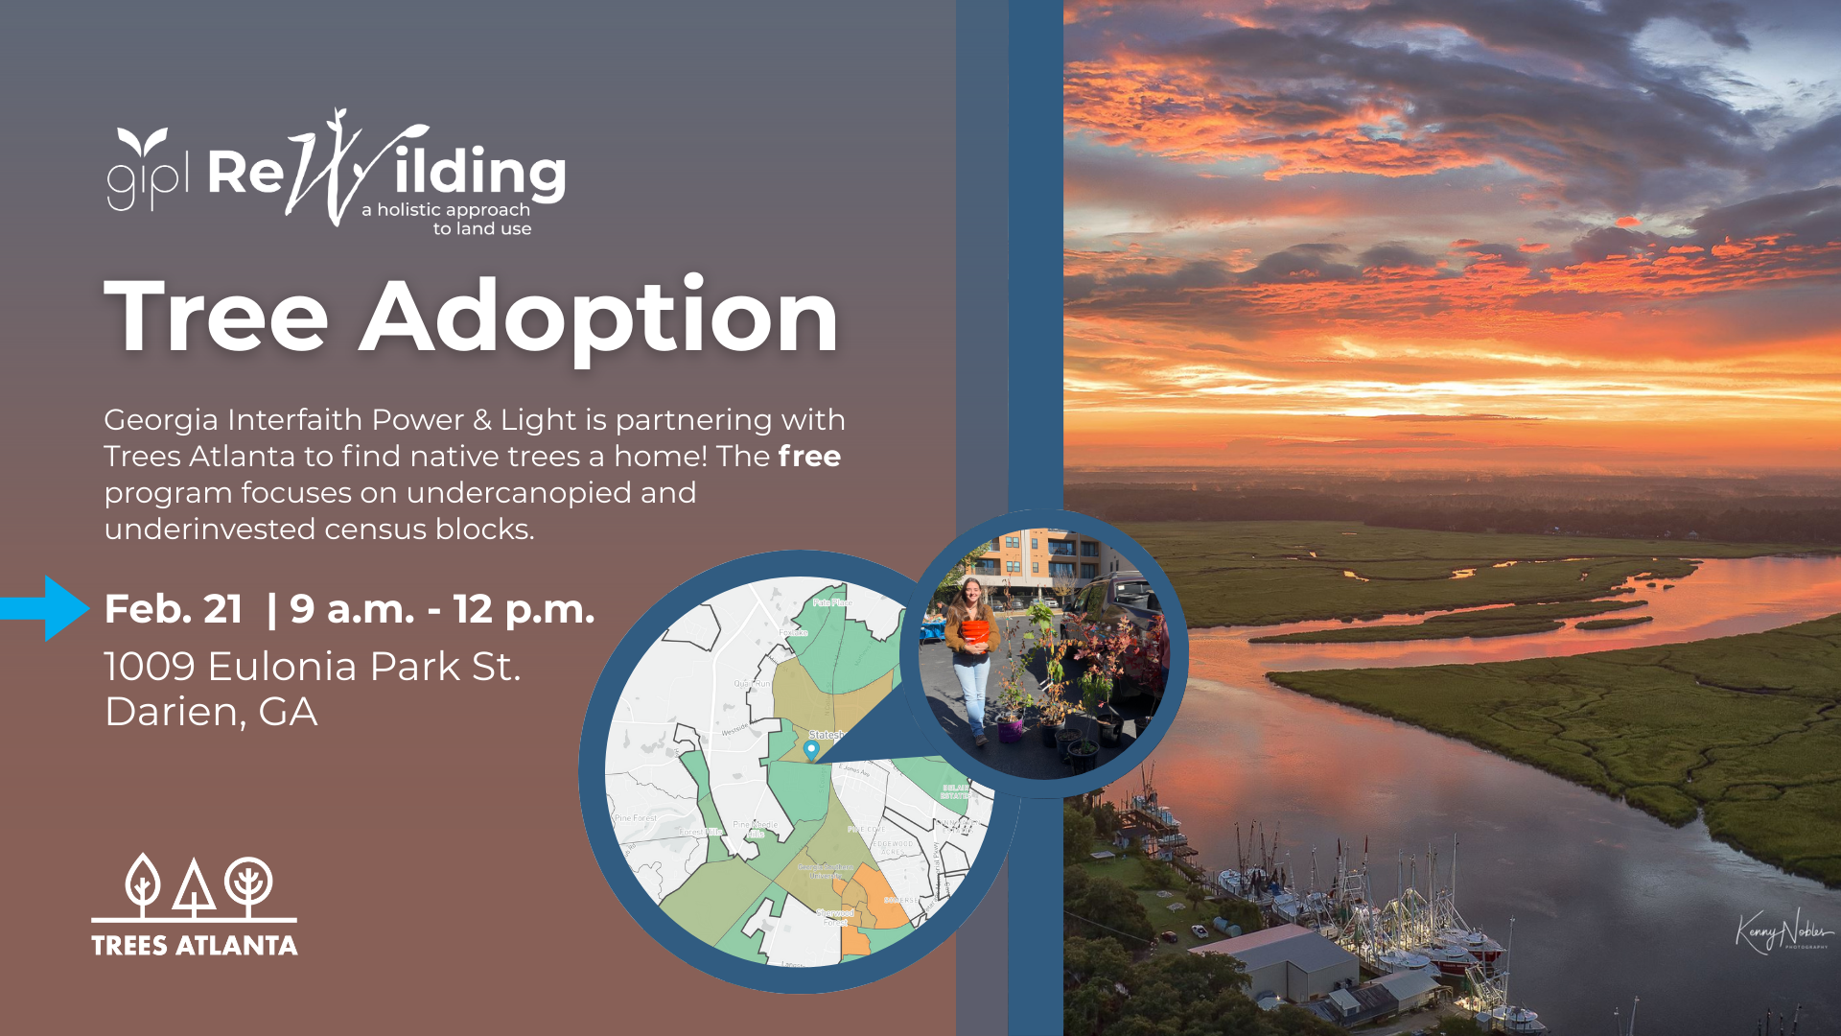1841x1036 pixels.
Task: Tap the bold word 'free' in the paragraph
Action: click(809, 457)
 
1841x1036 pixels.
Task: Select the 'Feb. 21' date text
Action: click(174, 609)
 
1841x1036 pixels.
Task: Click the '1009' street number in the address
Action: click(150, 666)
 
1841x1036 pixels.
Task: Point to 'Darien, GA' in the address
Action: click(211, 712)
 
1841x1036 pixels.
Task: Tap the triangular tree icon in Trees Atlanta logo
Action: click(194, 888)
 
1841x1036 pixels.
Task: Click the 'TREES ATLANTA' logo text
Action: click(195, 946)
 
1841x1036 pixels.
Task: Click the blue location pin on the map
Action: click(811, 749)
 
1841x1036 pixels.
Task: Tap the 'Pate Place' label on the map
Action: click(830, 602)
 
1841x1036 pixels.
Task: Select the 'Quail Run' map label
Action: click(752, 683)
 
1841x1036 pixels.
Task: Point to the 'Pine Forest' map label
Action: click(636, 818)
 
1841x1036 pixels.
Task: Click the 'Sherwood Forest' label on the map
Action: click(835, 916)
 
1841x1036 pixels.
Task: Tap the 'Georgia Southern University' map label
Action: click(825, 871)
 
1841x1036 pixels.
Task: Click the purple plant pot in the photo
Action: click(1010, 730)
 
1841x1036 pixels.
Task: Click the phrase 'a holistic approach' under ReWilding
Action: click(446, 210)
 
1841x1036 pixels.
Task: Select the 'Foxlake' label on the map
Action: click(793, 633)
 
